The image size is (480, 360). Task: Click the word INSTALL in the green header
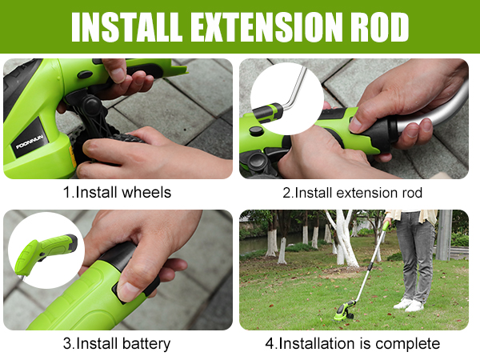[126, 27]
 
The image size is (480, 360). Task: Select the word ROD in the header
[379, 27]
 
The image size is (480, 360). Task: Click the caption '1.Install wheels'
[117, 193]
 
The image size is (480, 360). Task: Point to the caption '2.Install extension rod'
[352, 193]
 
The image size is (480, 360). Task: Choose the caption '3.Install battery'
[117, 343]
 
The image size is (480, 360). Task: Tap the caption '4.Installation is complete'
[352, 343]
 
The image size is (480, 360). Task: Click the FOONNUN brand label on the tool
[30, 142]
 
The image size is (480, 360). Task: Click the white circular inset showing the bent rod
[287, 98]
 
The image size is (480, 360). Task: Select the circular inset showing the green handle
[46, 250]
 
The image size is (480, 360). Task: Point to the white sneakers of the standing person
[409, 304]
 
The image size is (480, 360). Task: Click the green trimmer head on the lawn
[345, 311]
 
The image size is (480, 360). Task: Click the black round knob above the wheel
[90, 105]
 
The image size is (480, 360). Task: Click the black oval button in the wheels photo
[85, 74]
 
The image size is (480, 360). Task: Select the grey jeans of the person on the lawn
[416, 256]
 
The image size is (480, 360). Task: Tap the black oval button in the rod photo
[257, 130]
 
